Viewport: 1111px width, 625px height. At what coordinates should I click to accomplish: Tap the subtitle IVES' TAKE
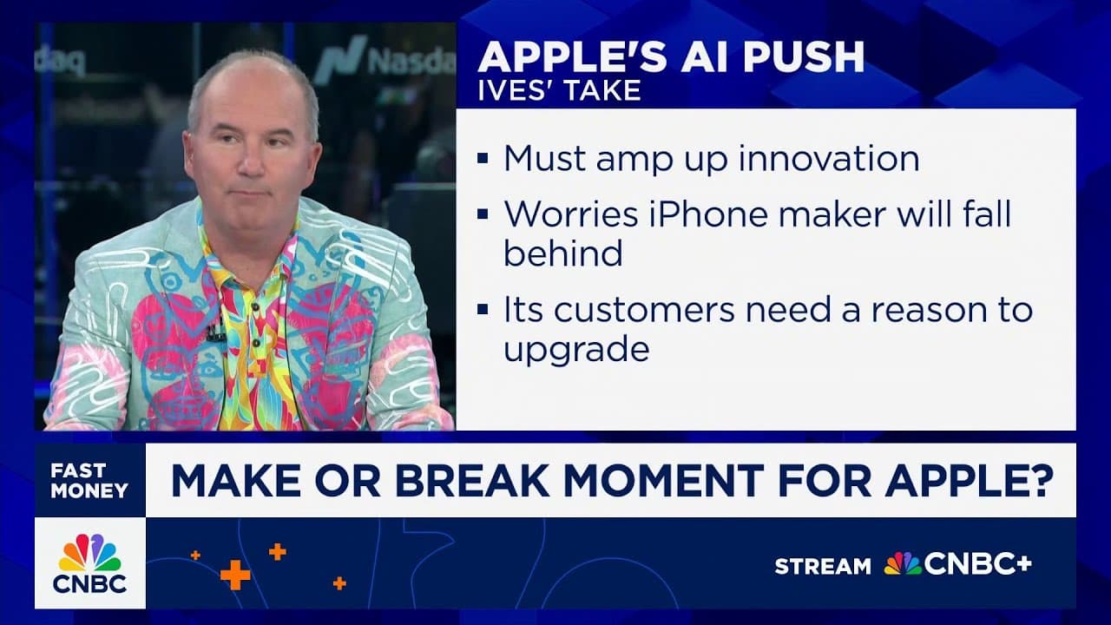click(559, 90)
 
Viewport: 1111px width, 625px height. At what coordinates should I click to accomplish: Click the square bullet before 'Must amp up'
click(483, 160)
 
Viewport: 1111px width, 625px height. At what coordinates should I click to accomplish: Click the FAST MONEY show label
click(89, 480)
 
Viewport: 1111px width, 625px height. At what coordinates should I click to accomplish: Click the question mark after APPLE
click(1040, 481)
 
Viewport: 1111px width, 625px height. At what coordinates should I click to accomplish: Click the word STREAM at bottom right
click(822, 567)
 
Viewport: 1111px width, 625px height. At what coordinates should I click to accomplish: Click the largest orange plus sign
click(234, 575)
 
